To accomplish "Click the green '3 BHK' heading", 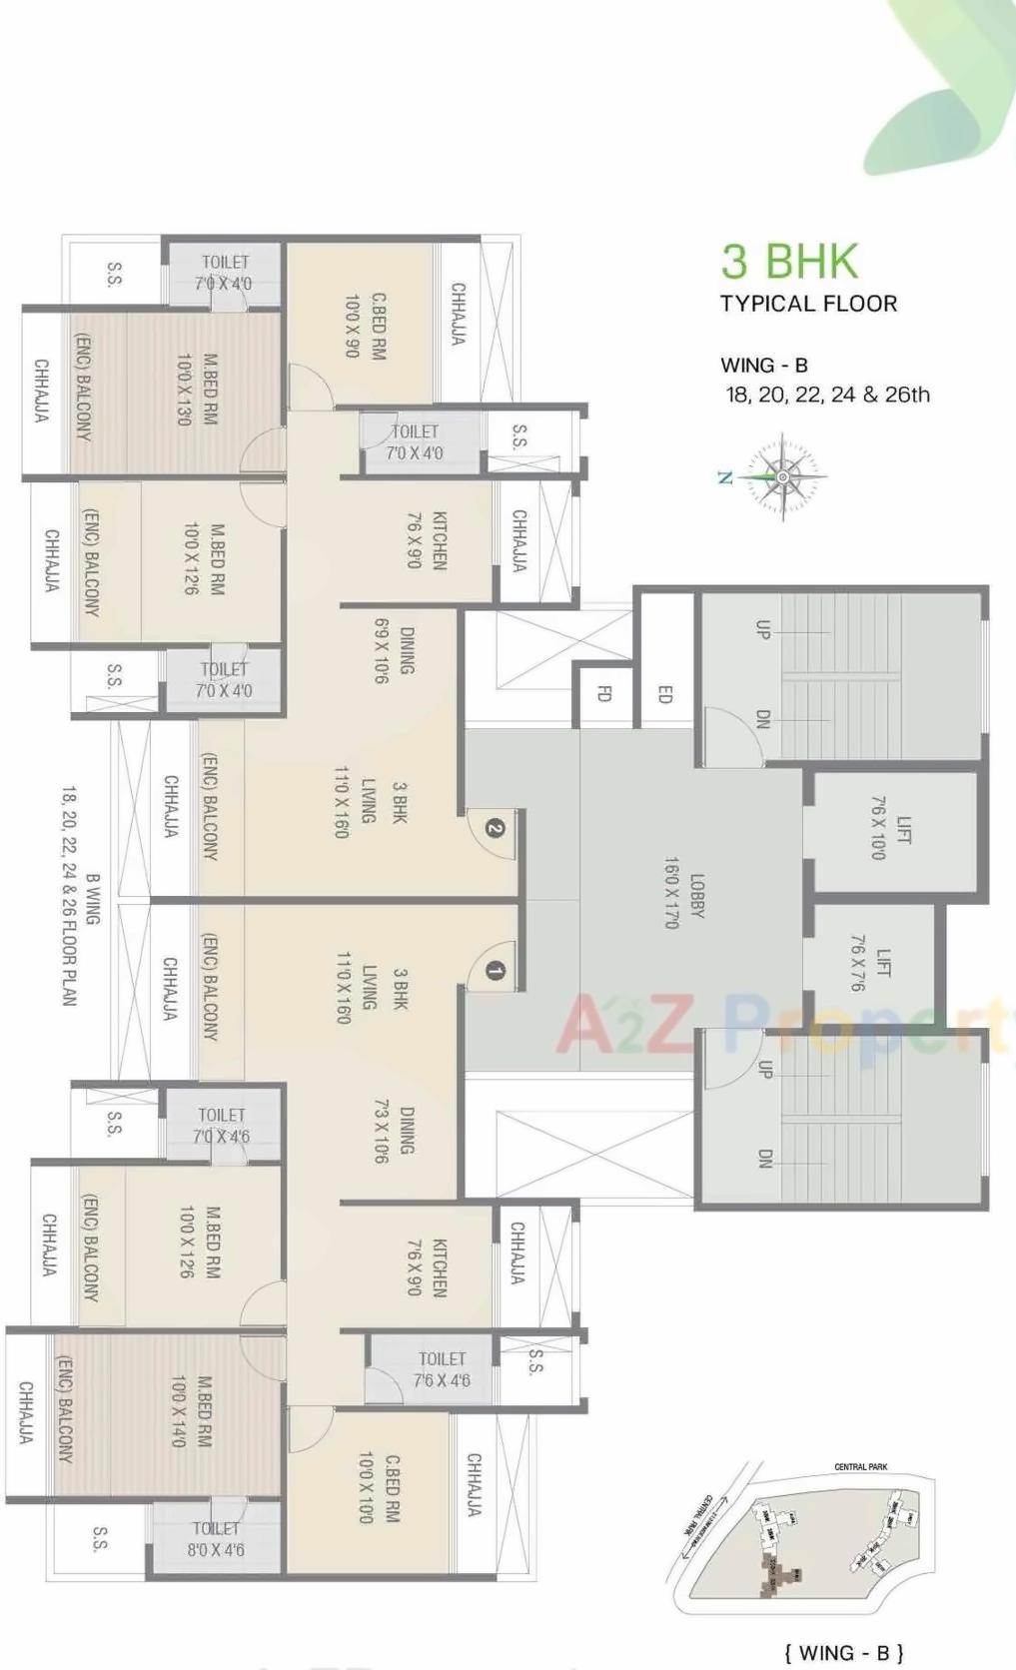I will click(x=789, y=261).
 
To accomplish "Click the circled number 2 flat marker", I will click(x=494, y=828).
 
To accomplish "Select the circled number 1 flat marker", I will click(x=494, y=970).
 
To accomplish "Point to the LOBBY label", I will click(x=684, y=893).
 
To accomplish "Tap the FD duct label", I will click(x=603, y=693).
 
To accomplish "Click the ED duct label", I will click(x=664, y=693).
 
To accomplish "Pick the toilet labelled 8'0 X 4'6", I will click(x=216, y=1539).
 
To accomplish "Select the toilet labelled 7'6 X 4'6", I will click(x=442, y=1369).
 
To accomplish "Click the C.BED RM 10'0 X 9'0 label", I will click(x=365, y=326).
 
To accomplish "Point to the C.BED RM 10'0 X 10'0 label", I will click(x=379, y=1487).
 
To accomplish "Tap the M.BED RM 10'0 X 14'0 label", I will click(x=191, y=1411).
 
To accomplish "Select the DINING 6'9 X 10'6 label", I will click(x=395, y=650).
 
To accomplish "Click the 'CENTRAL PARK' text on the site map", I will click(x=860, y=1466).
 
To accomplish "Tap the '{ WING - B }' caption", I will click(x=843, y=1653).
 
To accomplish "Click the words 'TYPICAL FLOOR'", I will click(x=808, y=304).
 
